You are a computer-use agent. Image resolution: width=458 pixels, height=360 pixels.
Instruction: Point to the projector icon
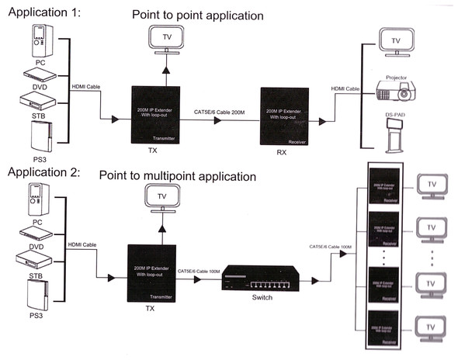tap(397, 90)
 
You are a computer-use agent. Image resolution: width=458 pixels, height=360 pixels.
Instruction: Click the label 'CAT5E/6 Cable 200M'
tap(220, 112)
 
